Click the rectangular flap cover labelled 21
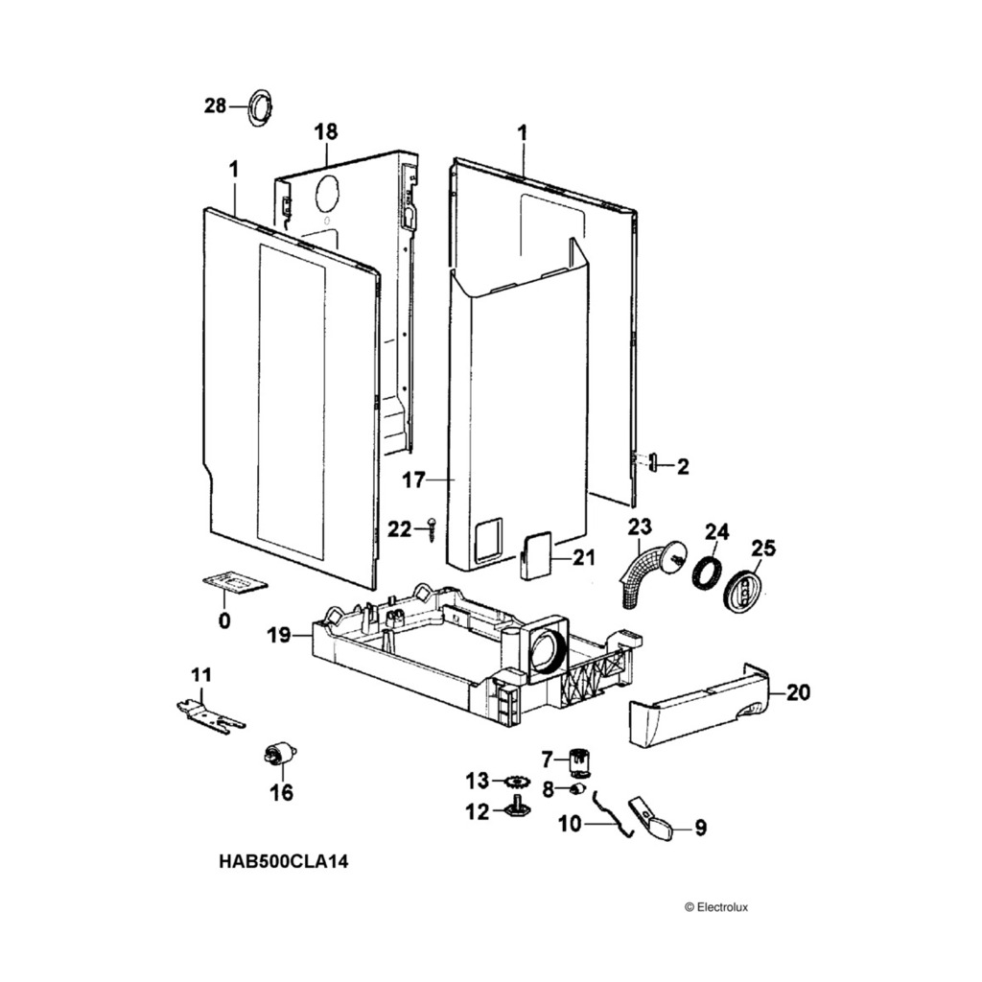(534, 555)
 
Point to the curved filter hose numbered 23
(644, 572)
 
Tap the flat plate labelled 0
(232, 584)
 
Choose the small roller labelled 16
(278, 756)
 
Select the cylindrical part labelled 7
(578, 762)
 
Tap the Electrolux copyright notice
(715, 906)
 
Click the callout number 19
(279, 634)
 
